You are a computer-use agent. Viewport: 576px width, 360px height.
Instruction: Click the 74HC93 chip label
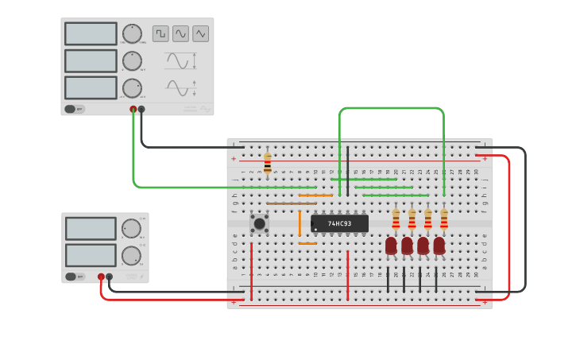[x=339, y=223]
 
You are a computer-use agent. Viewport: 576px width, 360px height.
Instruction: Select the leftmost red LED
[x=391, y=246]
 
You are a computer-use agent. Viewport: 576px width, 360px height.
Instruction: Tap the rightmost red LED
[x=439, y=246]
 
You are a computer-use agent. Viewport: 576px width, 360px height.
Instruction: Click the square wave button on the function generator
[x=160, y=33]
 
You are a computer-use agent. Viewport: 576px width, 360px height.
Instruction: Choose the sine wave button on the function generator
[x=180, y=33]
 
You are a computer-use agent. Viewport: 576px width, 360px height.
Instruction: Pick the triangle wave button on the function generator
[x=200, y=33]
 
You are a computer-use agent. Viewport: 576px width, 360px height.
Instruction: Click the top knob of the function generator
[x=132, y=33]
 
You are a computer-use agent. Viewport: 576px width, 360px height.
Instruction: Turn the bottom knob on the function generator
[x=132, y=87]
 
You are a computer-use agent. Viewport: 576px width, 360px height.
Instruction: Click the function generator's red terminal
[x=133, y=110]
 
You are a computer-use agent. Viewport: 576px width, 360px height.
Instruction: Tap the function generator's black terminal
[x=141, y=110]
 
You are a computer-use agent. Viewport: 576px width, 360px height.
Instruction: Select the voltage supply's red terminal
[x=101, y=277]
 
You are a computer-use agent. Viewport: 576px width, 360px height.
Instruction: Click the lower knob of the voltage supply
[x=131, y=255]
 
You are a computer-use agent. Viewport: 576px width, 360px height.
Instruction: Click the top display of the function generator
[x=91, y=33]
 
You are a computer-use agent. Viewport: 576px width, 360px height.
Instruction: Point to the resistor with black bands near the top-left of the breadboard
[x=267, y=163]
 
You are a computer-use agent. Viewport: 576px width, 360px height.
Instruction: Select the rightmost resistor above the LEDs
[x=443, y=219]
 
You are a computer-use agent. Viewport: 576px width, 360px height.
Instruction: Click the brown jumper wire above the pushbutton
[x=291, y=203]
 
